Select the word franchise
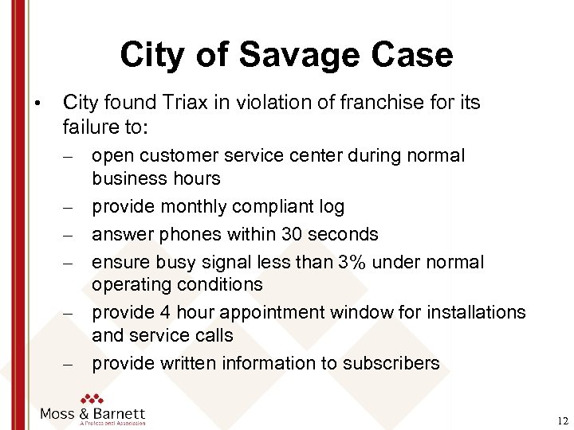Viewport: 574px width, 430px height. (372, 103)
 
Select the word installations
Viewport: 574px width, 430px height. (478, 311)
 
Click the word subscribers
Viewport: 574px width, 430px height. (391, 364)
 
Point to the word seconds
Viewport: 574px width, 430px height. (347, 233)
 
